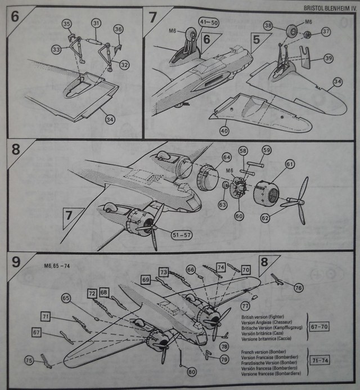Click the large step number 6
click(15, 17)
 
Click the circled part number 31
click(96, 23)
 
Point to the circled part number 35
click(67, 24)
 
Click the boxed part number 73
click(164, 272)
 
